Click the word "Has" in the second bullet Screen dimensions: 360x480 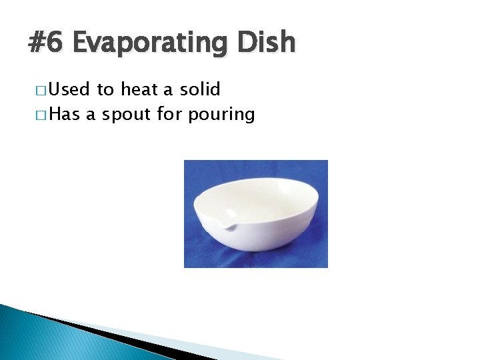click(x=64, y=115)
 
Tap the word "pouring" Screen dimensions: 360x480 click(x=221, y=115)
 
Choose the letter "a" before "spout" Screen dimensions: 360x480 click(x=90, y=115)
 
